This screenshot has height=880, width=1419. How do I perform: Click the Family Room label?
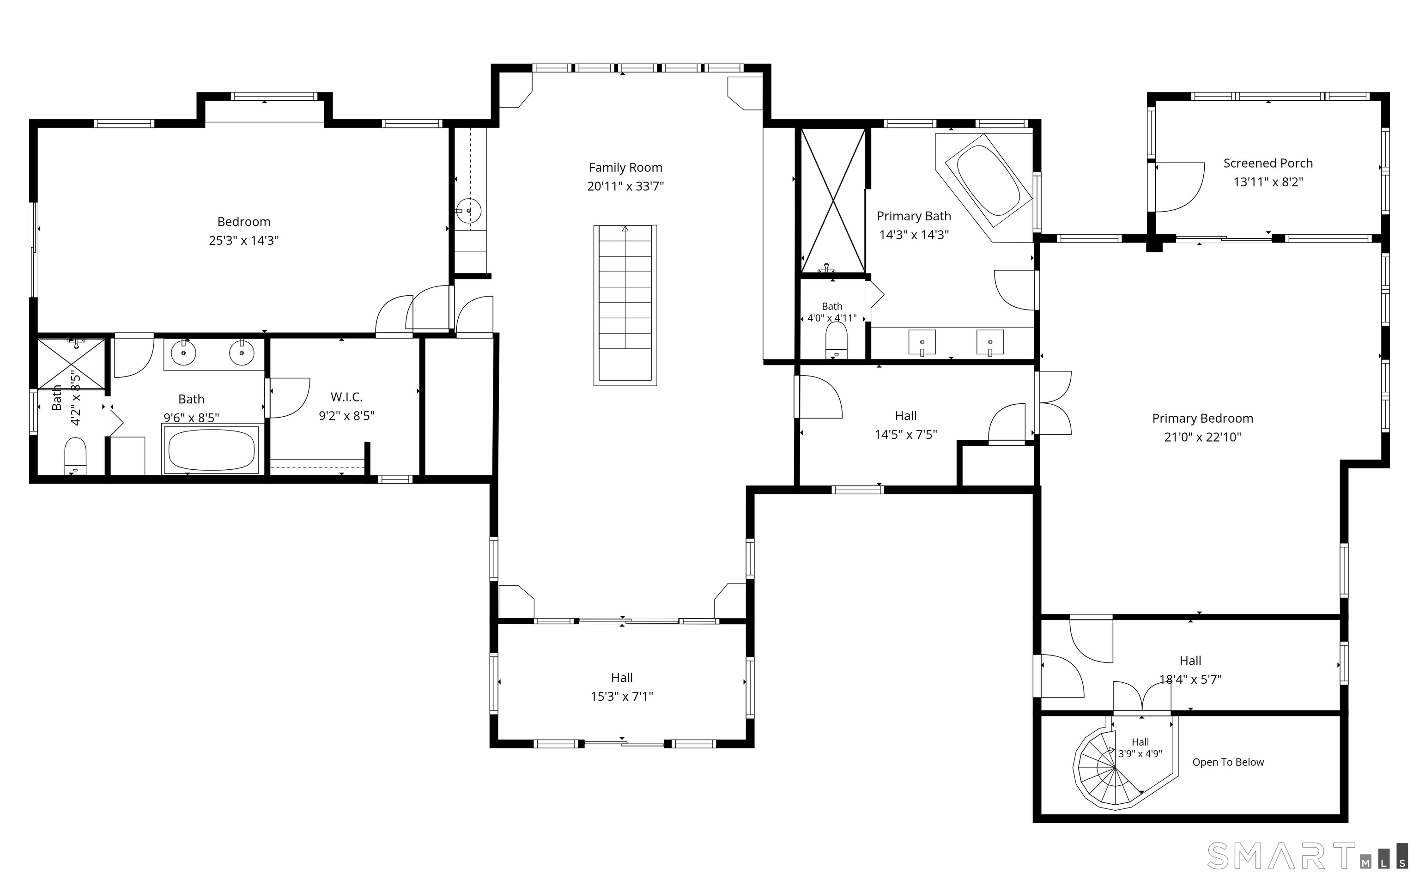pos(625,168)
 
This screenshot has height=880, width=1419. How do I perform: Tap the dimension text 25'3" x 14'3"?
pos(244,240)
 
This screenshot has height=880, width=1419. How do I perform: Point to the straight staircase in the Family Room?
pos(625,305)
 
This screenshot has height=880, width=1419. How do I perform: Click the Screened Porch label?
pos(1268,164)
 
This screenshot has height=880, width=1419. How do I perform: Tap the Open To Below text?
pos(1228,762)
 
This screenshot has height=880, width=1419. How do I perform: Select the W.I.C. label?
pos(347,397)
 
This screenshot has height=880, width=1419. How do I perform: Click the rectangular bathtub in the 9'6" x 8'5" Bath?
pos(211,450)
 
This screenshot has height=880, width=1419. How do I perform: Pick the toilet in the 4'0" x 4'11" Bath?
pos(836,341)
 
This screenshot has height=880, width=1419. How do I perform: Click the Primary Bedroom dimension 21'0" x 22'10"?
pos(1202,437)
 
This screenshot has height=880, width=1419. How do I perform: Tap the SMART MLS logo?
pos(1307,856)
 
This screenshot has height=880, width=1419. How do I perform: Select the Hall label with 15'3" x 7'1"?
pos(622,678)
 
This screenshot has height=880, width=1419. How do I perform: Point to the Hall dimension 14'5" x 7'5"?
pos(906,435)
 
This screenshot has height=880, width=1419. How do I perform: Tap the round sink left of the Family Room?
pos(468,211)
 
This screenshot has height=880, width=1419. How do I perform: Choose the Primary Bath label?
pos(914,217)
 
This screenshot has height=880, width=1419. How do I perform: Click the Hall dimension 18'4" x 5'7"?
pos(1190,679)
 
